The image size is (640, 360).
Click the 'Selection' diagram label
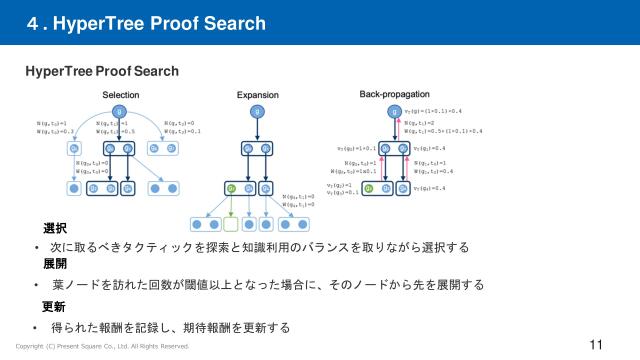point(121,94)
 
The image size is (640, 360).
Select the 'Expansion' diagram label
point(257,94)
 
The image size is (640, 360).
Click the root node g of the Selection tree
point(118,110)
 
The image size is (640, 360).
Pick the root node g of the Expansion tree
point(257,110)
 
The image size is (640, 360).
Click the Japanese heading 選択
point(55,230)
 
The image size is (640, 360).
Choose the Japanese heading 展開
point(55,265)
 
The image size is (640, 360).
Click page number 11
point(596,345)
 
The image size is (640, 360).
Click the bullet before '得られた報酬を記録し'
point(37,327)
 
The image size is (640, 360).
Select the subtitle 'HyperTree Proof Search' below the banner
point(102,71)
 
